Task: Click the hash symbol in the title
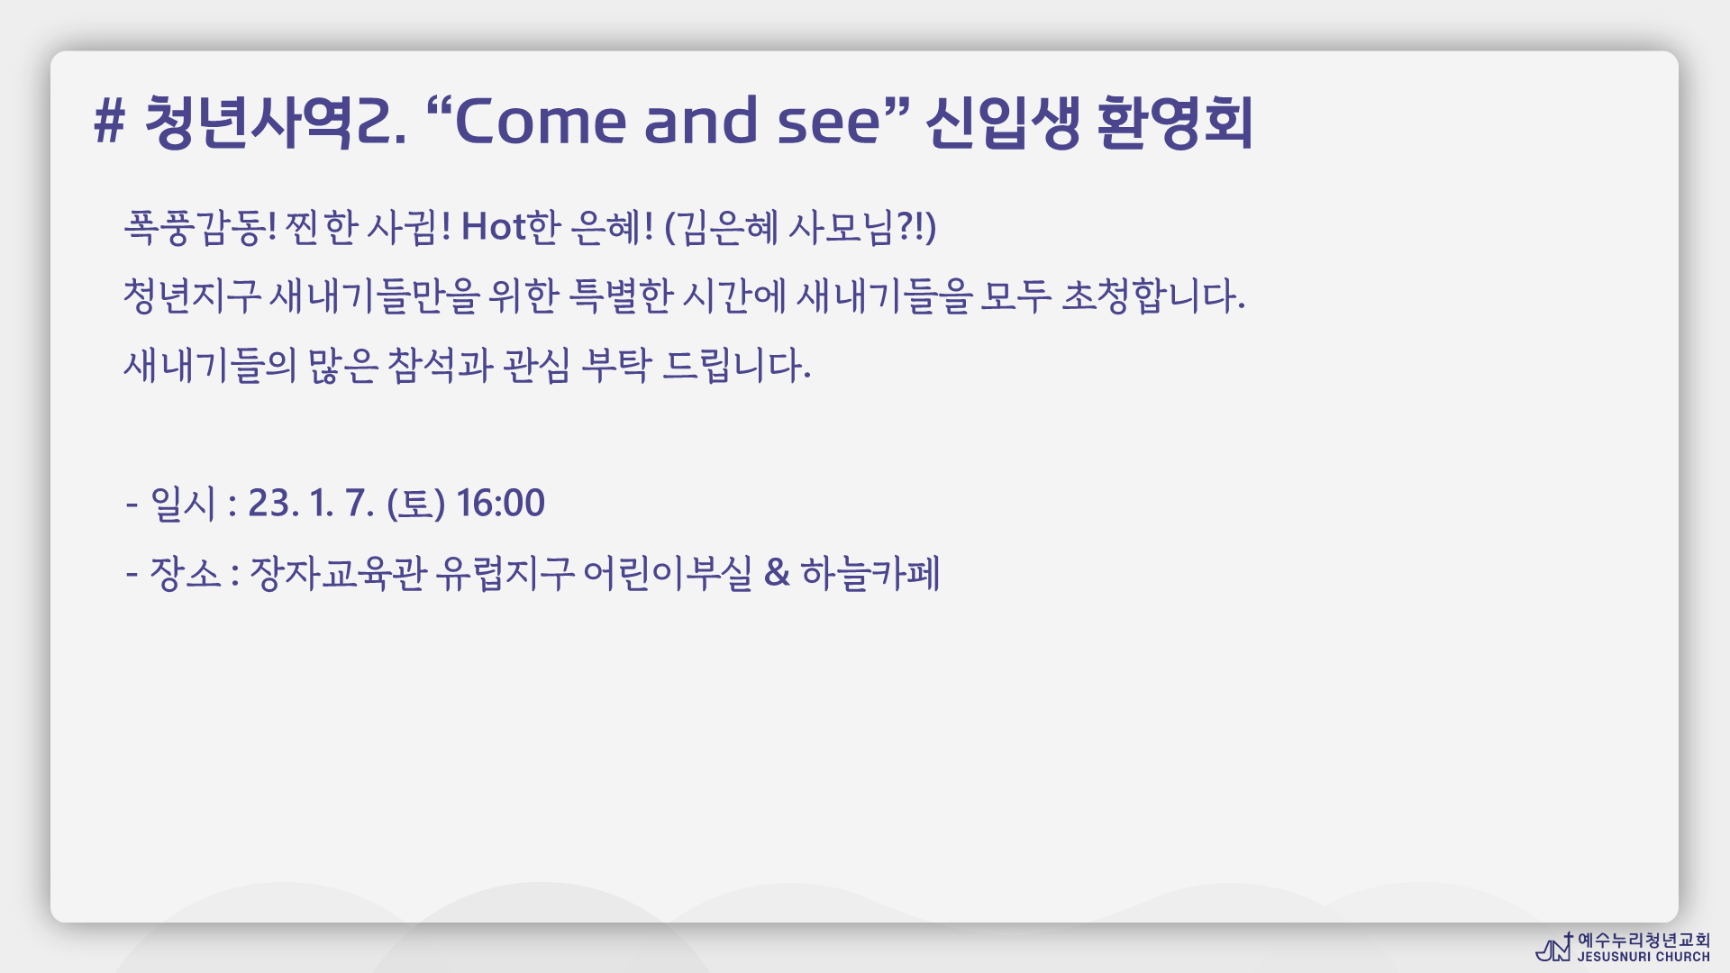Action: (x=109, y=122)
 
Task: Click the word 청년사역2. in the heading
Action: (x=275, y=122)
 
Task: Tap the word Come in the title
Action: (x=540, y=122)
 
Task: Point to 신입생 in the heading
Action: (x=1003, y=122)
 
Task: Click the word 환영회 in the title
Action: (x=1175, y=122)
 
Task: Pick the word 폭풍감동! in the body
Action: (x=200, y=227)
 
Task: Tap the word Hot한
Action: (x=511, y=227)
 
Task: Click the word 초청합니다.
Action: (x=1153, y=296)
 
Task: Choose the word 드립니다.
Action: (x=737, y=366)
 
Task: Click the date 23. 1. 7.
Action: (x=311, y=503)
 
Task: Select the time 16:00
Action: (x=500, y=503)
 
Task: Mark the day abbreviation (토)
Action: (x=415, y=504)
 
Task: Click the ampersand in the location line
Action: (x=777, y=573)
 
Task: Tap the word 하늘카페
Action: (x=870, y=573)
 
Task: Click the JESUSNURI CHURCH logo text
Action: (x=1643, y=957)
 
